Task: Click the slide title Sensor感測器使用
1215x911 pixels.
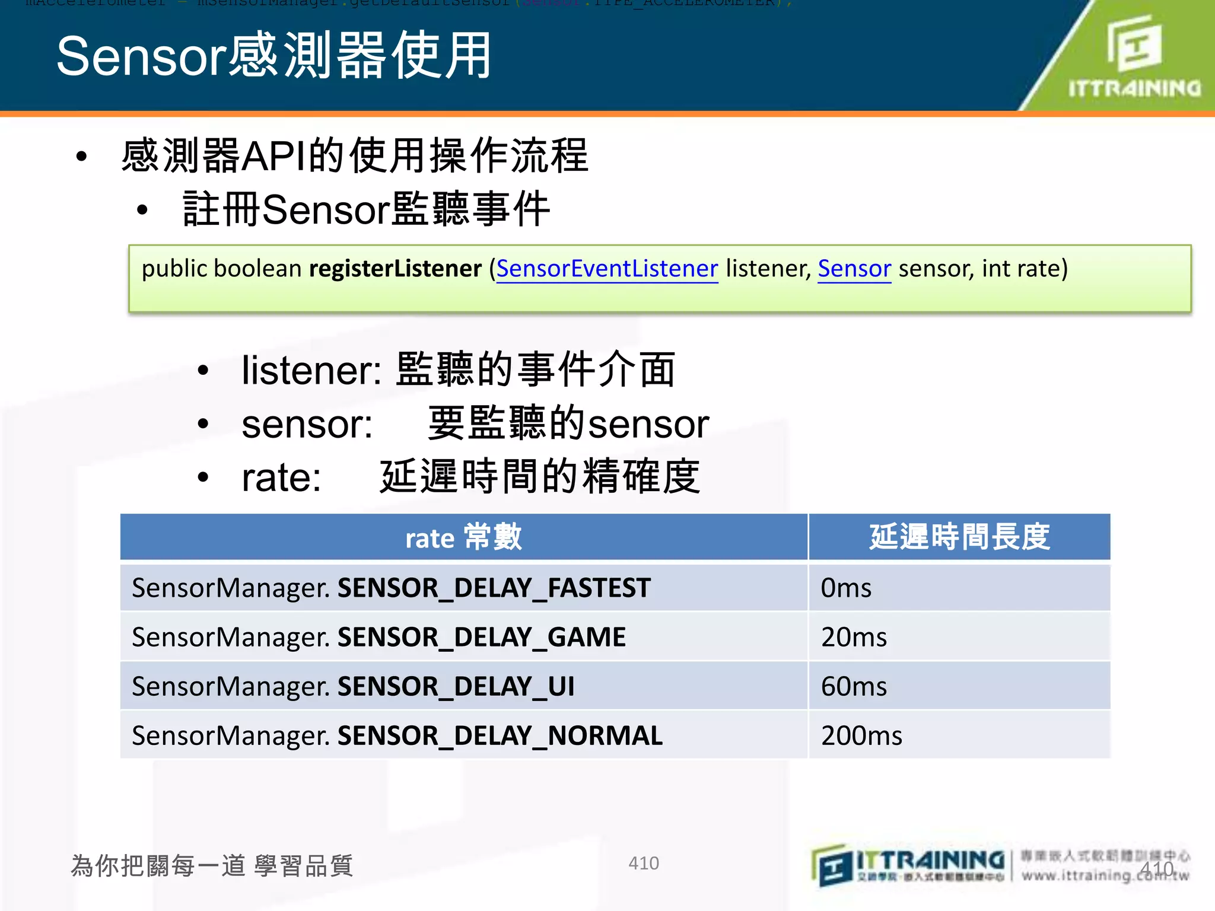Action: (x=273, y=56)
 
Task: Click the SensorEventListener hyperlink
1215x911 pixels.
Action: (x=607, y=269)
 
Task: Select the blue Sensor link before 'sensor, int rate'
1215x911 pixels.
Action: (x=854, y=269)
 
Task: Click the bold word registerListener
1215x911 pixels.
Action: (x=395, y=269)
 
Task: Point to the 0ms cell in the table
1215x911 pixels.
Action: (x=846, y=588)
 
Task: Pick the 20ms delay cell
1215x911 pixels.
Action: (x=854, y=637)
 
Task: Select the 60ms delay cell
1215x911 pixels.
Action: (x=854, y=686)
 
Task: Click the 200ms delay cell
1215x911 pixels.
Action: (x=861, y=735)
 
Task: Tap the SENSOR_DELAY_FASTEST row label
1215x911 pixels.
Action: (x=494, y=588)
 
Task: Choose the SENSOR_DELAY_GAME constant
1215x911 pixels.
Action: (x=481, y=637)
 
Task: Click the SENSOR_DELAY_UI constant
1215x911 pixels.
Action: (x=456, y=686)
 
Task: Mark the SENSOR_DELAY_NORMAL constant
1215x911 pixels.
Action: (x=500, y=735)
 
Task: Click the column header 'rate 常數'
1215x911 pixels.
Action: (x=463, y=537)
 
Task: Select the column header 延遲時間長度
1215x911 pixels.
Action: (x=959, y=537)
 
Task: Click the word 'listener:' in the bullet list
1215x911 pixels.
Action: (x=311, y=370)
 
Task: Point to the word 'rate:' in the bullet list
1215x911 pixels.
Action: (x=281, y=477)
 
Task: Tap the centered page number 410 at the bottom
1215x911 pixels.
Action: (x=644, y=863)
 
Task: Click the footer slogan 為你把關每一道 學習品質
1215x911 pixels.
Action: (x=212, y=865)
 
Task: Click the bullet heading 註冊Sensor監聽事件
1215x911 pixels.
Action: (x=366, y=209)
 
